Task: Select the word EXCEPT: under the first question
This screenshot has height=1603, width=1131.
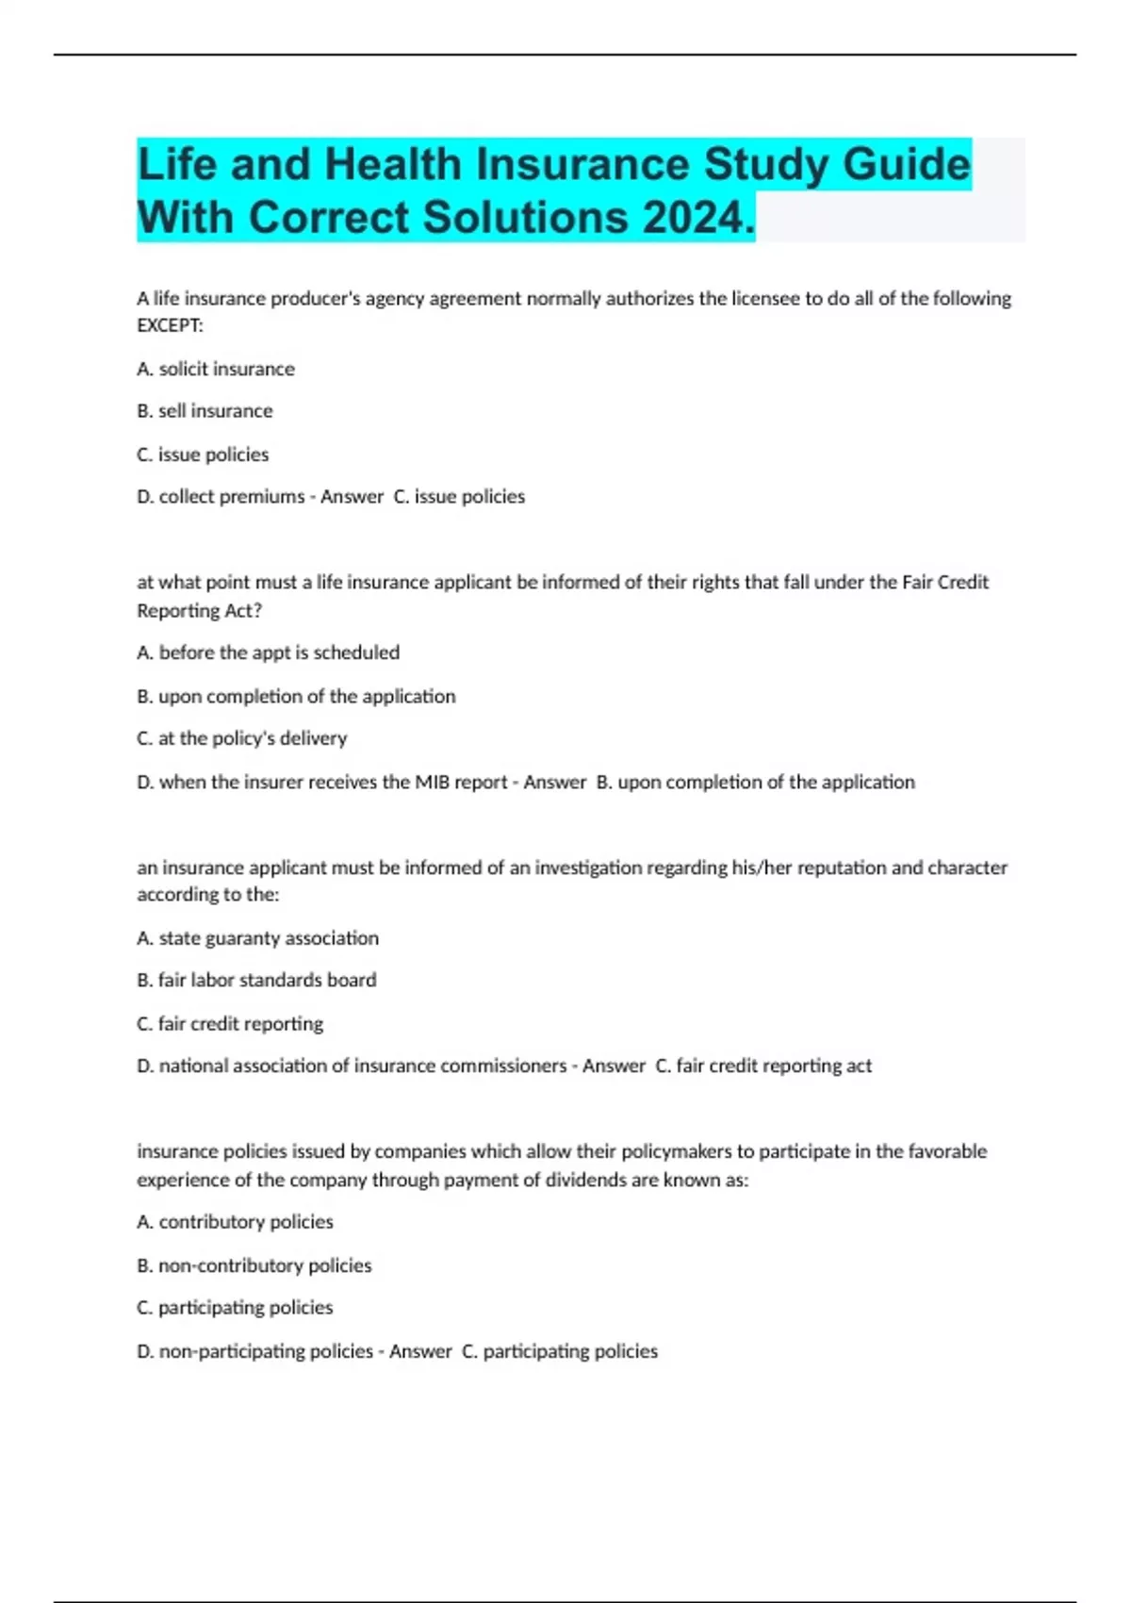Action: [170, 326]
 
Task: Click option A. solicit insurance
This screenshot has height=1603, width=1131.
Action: [216, 369]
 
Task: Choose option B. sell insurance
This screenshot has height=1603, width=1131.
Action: [205, 411]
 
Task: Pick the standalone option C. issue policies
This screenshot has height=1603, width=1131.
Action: [203, 454]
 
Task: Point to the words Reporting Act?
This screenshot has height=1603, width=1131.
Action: [199, 611]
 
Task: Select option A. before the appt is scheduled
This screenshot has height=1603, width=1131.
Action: [268, 653]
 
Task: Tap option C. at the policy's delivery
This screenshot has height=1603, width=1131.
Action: [242, 738]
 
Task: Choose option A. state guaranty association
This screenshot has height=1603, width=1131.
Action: [257, 938]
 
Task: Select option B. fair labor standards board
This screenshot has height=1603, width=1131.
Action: [256, 981]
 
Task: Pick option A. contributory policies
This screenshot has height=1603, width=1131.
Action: [235, 1222]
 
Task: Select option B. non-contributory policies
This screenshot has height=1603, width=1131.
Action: [254, 1265]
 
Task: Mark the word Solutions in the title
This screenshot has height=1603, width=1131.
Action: [524, 218]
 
